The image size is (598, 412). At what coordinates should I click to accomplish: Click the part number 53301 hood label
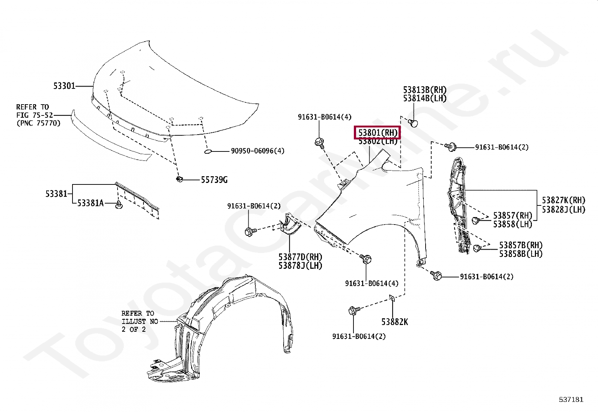pyautogui.click(x=64, y=86)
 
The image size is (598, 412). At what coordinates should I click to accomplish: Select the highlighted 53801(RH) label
pyautogui.click(x=377, y=133)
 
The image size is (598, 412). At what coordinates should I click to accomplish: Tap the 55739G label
pyautogui.click(x=214, y=180)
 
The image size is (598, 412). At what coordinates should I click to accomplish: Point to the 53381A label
pyautogui.click(x=90, y=203)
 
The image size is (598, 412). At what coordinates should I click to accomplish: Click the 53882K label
pyautogui.click(x=394, y=322)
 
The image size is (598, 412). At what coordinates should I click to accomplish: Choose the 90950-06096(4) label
pyautogui.click(x=257, y=151)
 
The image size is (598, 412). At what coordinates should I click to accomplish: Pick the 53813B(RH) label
pyautogui.click(x=425, y=90)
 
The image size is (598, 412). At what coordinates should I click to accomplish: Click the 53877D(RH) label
pyautogui.click(x=301, y=257)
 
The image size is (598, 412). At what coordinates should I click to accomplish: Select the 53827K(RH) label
pyautogui.click(x=563, y=200)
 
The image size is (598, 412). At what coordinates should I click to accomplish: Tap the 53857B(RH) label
pyautogui.click(x=521, y=245)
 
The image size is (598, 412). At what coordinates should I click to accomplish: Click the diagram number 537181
pyautogui.click(x=571, y=400)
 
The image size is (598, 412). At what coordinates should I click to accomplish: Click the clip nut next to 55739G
pyautogui.click(x=179, y=179)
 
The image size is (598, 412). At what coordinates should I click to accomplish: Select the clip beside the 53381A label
pyautogui.click(x=119, y=205)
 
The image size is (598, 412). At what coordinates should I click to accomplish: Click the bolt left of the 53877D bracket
pyautogui.click(x=249, y=231)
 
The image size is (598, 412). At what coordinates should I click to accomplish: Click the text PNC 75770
pyautogui.click(x=38, y=123)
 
